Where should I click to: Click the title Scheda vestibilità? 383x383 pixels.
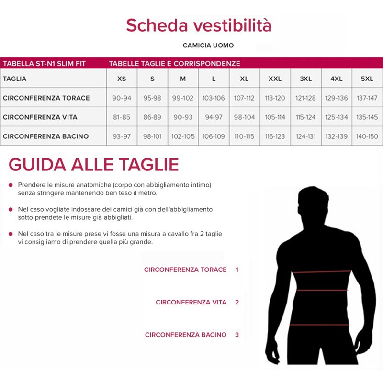point(199,25)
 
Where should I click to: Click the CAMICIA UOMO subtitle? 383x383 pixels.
point(208,45)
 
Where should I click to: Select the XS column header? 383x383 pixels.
point(122,79)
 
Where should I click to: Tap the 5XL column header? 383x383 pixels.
point(367,79)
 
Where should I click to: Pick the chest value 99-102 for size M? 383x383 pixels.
point(183,98)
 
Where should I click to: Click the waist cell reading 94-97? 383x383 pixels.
point(214,117)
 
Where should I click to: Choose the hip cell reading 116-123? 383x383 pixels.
point(275,136)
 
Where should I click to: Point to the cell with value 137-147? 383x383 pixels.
point(367,98)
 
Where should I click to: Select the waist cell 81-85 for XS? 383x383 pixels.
point(122,117)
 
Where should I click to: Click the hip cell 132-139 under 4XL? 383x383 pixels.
point(337,136)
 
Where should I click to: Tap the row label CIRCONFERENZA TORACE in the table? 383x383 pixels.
point(46,98)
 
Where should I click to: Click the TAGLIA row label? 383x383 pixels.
point(15,79)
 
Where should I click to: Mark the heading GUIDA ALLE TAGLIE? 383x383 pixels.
point(94,164)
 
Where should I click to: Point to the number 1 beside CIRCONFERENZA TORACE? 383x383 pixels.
point(237,270)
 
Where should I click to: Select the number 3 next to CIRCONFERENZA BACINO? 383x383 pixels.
point(237,335)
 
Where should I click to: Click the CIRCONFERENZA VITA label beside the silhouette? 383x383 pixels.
point(191,302)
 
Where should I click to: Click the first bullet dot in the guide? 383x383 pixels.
point(11,185)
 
